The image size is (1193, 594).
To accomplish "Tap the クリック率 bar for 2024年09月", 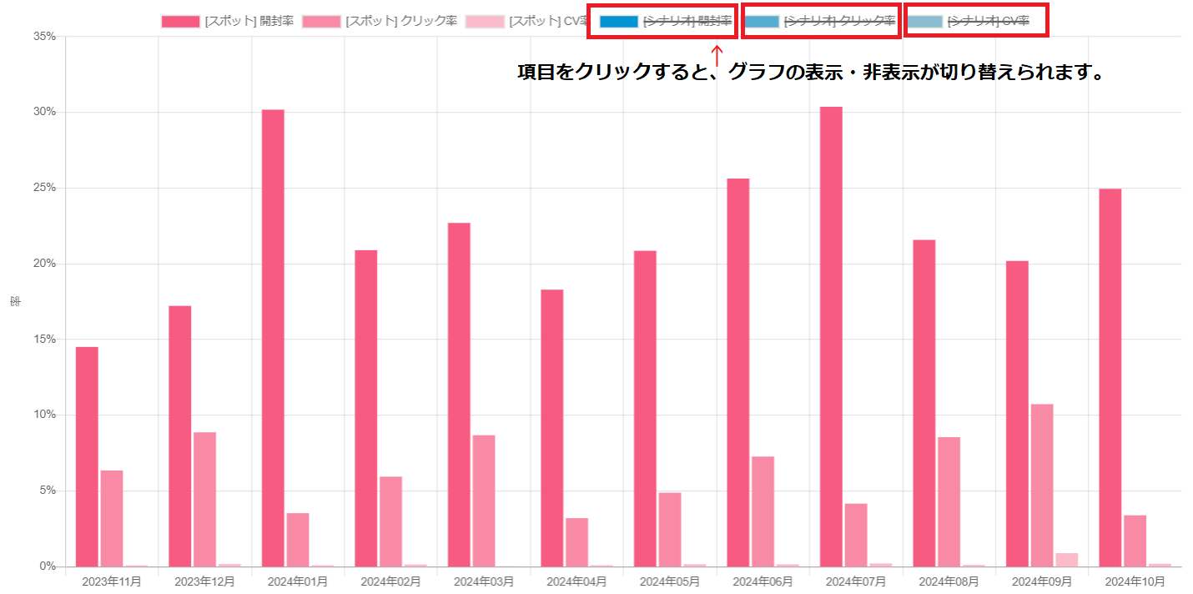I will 1042,485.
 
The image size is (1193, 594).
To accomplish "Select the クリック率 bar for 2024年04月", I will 576,542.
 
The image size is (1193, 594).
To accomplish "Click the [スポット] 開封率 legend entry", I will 227,21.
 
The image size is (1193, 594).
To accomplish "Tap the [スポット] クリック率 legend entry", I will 380,21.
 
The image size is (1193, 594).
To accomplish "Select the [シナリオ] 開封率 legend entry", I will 666,21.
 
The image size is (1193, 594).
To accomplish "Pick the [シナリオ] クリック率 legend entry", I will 818,21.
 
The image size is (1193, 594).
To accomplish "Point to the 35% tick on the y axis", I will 44,37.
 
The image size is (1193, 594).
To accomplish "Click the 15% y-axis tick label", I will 44,340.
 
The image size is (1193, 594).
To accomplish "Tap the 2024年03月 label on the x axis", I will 483,581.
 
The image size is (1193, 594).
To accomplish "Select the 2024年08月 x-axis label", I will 949,581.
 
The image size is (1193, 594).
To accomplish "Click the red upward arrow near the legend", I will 717,57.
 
